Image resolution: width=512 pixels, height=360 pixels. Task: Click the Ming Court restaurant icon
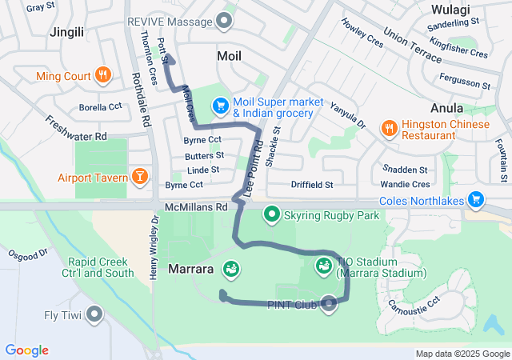click(x=102, y=76)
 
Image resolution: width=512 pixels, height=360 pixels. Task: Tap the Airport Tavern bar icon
click(x=140, y=175)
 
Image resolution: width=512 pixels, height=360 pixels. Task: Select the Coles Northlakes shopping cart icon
click(x=476, y=198)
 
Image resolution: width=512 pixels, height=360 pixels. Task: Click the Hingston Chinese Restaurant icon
click(x=389, y=128)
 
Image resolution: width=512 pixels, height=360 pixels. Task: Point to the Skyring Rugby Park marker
click(x=271, y=214)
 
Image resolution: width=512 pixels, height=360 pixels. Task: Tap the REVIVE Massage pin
click(x=225, y=21)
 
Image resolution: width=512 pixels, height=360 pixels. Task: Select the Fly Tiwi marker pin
click(x=95, y=314)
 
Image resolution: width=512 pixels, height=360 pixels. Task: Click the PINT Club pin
click(x=329, y=302)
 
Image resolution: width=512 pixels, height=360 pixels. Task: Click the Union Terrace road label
click(x=412, y=44)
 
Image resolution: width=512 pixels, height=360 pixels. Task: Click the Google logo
click(x=27, y=350)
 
